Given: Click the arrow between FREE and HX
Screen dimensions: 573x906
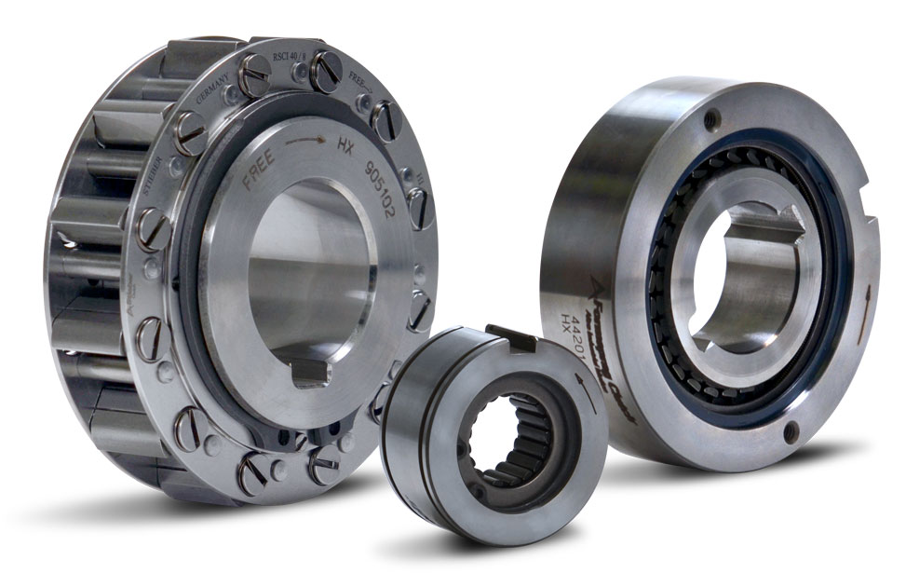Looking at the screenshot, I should (x=305, y=142).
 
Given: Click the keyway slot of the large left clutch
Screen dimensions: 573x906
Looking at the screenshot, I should (x=310, y=373).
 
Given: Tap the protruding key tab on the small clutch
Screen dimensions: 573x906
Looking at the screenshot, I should (x=510, y=336).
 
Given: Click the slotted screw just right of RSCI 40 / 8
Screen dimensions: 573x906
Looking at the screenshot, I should (x=326, y=71).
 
